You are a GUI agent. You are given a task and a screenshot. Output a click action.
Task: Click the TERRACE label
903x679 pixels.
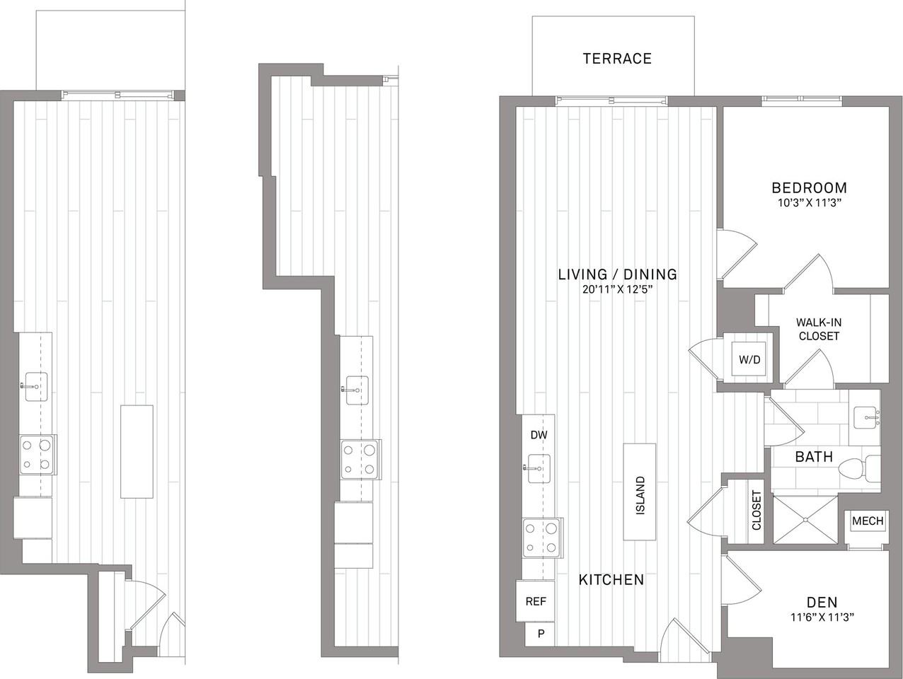tap(617, 59)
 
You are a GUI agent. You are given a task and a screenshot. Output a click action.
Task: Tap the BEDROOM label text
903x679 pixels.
tap(809, 188)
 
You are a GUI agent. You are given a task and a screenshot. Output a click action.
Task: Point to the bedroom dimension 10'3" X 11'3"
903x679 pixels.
tap(809, 203)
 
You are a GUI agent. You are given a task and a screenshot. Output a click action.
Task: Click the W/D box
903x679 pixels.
tap(749, 360)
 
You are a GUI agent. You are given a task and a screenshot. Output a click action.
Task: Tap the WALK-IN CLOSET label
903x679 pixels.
tap(819, 330)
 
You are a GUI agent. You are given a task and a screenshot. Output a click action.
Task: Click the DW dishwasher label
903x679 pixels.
tap(539, 436)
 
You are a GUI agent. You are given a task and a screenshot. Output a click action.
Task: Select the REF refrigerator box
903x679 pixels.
tap(536, 601)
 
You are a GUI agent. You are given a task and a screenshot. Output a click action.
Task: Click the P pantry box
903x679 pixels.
tap(541, 634)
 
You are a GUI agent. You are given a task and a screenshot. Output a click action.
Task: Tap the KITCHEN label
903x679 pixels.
tap(611, 580)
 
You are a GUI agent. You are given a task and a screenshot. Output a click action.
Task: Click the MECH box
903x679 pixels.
tap(867, 521)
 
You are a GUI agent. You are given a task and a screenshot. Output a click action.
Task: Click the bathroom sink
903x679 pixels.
tap(865, 418)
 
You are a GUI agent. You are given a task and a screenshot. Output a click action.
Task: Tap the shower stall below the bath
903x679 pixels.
tap(805, 520)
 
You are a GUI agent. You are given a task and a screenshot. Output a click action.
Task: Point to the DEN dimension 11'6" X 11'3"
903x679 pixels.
tap(822, 617)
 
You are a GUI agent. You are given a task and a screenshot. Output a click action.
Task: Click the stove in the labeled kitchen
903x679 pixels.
tap(542, 538)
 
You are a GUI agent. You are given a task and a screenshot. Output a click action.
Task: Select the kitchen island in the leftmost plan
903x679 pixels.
tap(137, 451)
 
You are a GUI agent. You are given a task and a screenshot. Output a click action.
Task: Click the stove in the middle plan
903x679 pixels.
tap(360, 460)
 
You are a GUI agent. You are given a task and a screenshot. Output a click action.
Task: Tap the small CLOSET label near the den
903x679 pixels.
tap(756, 511)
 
